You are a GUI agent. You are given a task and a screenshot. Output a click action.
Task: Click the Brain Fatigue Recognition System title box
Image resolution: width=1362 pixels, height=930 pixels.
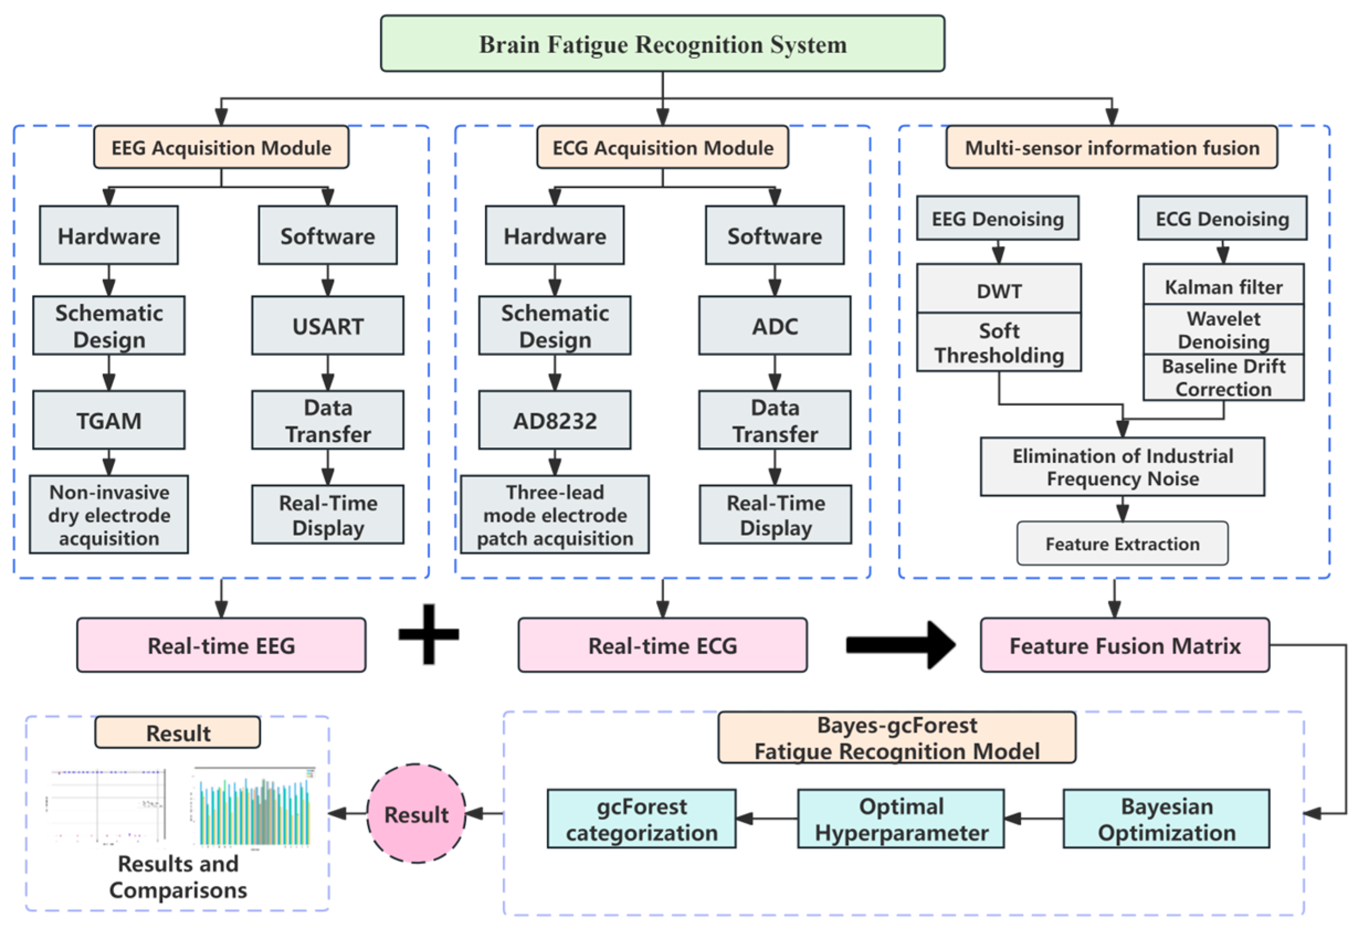point(662,44)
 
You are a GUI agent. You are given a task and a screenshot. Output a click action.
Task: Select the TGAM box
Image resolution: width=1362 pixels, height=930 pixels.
point(109,420)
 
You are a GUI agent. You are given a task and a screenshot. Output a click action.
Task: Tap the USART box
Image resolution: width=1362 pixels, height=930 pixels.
point(328,326)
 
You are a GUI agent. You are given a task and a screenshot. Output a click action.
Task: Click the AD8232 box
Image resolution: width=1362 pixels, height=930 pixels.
point(555,420)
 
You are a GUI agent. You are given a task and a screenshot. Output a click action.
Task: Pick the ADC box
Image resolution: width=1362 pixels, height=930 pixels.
point(774,326)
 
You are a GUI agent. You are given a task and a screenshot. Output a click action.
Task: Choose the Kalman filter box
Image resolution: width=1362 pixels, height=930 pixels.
point(1223,286)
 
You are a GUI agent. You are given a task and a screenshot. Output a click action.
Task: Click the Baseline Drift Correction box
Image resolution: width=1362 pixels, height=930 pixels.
point(1223,378)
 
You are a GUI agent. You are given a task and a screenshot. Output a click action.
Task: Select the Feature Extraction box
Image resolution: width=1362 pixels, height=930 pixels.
point(1122,544)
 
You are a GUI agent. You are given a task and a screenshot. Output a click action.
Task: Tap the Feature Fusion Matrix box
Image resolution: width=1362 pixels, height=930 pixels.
point(1124,645)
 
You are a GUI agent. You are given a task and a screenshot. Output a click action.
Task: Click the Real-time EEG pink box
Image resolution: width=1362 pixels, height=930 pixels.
point(221,645)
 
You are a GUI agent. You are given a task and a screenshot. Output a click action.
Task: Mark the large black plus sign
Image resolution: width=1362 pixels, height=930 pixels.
point(429,634)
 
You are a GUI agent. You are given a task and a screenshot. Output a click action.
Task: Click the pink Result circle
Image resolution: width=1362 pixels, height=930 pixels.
point(416,814)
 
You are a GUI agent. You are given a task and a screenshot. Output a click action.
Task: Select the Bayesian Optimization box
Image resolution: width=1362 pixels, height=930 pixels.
point(1166,818)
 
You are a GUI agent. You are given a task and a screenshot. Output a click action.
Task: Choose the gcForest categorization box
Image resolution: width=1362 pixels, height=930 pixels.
point(641,818)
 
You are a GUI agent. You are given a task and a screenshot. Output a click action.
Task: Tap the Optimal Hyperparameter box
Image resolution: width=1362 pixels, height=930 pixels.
point(900,818)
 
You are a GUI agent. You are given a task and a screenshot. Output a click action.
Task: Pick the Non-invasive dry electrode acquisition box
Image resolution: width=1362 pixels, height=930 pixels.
point(109,515)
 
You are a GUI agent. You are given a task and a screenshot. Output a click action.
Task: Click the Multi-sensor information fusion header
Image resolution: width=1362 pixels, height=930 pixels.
point(1111,147)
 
